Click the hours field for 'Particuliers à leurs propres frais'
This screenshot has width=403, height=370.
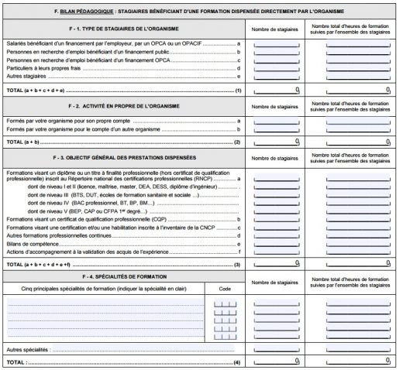[358, 69]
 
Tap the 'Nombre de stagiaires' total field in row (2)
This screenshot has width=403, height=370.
[277, 142]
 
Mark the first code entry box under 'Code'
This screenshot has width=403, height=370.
[224, 303]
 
